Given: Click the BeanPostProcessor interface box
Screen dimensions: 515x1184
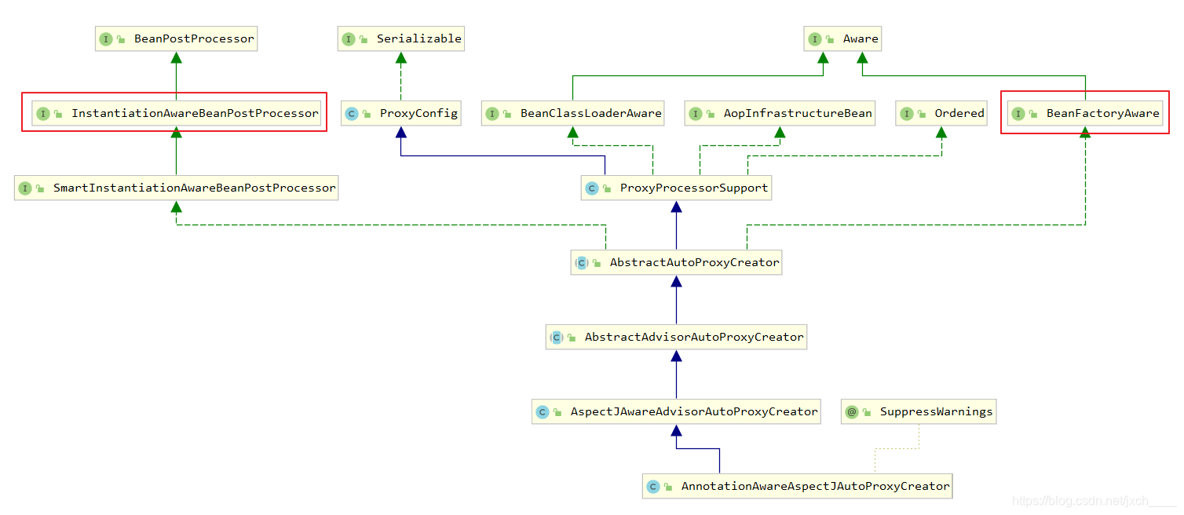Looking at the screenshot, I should point(176,38).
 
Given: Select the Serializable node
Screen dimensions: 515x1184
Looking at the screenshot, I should point(400,38).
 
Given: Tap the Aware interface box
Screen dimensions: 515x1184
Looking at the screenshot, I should point(842,38).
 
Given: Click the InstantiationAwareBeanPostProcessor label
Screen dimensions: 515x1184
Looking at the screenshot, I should point(195,113).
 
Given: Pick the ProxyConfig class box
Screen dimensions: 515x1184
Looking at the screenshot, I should point(401,113).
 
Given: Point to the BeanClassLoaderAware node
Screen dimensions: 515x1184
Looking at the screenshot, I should point(573,113).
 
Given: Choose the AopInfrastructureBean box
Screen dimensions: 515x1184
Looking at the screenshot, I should point(780,113).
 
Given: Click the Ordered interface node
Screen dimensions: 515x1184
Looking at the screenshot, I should point(941,113).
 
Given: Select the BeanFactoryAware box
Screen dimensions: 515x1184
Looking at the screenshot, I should point(1085,113).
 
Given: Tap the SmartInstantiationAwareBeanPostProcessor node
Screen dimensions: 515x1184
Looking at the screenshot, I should point(176,188).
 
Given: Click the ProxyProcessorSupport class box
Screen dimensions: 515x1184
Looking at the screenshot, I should point(676,188).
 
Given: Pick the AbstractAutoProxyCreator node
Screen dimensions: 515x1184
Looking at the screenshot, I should point(676,262).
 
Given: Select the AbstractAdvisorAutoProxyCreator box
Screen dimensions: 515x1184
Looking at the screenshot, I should point(676,337).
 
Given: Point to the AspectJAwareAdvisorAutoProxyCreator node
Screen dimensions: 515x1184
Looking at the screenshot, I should point(676,411).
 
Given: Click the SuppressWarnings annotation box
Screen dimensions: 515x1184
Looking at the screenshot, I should point(919,411).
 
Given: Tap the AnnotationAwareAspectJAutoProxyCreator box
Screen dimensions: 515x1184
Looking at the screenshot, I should point(797,486).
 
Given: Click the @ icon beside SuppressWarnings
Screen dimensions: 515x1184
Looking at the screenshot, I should point(852,411).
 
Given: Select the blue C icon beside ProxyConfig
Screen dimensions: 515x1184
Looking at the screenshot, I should point(352,114).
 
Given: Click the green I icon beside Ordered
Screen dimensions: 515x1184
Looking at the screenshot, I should point(907,114).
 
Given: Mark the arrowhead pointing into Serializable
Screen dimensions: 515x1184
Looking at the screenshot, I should point(400,57).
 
